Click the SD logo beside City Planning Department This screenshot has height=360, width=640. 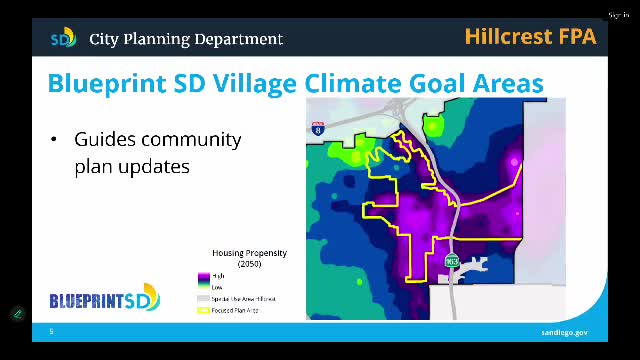click(x=63, y=39)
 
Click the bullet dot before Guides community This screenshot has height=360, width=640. click(x=54, y=139)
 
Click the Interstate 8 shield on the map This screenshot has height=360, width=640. click(x=318, y=129)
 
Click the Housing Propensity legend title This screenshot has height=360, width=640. click(x=249, y=253)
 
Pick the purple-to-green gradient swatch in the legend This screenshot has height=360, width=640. click(x=203, y=281)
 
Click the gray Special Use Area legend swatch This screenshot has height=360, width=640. click(x=203, y=299)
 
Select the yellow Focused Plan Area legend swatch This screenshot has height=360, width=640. click(x=203, y=311)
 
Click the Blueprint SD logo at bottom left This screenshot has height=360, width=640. click(x=104, y=298)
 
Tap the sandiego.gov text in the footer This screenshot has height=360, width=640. click(x=565, y=332)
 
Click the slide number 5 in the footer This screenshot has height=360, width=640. click(x=51, y=332)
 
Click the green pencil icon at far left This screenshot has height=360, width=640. click(x=17, y=314)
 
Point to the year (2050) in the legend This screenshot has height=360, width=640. click(x=249, y=263)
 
